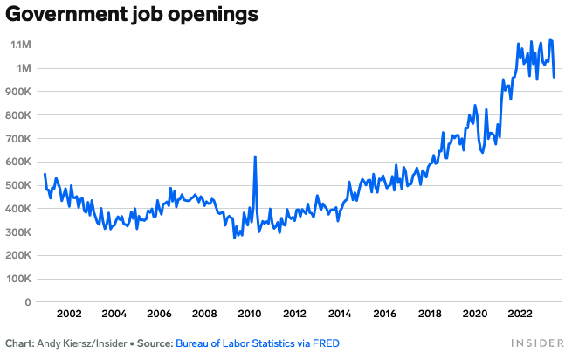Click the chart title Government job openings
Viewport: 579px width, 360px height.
coord(132,15)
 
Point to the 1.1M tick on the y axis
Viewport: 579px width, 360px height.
coord(21,45)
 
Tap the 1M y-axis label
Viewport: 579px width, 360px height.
coord(24,68)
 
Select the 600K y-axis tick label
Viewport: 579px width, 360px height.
coord(18,162)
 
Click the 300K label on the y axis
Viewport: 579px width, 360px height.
coord(18,232)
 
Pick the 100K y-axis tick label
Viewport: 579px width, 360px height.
coord(18,279)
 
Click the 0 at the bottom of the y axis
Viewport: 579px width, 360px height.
coord(28,302)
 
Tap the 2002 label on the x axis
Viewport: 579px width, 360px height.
coord(69,314)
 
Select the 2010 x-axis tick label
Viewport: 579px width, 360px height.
coord(250,314)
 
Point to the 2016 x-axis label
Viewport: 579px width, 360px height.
coord(385,314)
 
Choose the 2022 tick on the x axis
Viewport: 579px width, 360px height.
coord(520,314)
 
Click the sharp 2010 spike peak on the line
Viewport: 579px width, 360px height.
coord(255,156)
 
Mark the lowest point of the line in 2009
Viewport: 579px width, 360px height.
coord(234,238)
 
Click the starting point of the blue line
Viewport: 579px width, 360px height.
coord(45,174)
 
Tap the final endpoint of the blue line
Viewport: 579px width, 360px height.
coord(555,77)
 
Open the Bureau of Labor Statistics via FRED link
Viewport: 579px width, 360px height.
coord(258,343)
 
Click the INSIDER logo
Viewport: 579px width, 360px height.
coord(538,343)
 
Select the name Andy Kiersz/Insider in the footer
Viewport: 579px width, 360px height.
coord(82,343)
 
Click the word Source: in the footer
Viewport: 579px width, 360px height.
coord(155,343)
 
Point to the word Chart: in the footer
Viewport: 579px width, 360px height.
coord(19,343)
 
